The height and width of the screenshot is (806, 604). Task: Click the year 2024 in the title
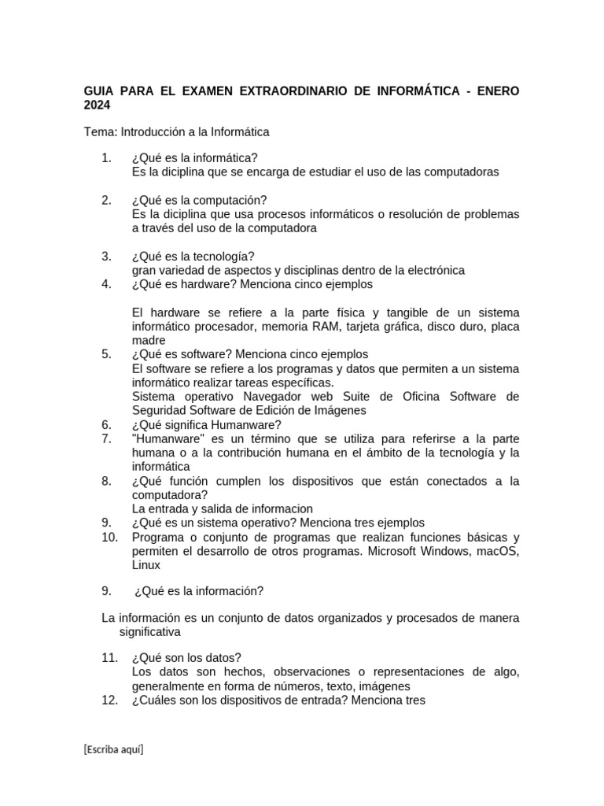pyautogui.click(x=98, y=105)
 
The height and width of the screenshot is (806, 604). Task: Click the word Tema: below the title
pyautogui.click(x=100, y=131)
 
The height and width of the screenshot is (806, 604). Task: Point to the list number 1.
pyautogui.click(x=106, y=157)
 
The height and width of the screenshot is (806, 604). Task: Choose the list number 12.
pyautogui.click(x=109, y=700)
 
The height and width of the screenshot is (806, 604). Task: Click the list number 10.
pyautogui.click(x=109, y=537)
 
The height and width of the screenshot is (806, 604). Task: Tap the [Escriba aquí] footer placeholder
pyautogui.click(x=113, y=749)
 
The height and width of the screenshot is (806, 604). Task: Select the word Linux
pyautogui.click(x=146, y=565)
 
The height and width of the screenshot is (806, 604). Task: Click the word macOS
pyautogui.click(x=498, y=551)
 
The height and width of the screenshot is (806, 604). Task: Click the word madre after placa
pyautogui.click(x=149, y=340)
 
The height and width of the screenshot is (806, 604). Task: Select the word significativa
pyautogui.click(x=149, y=631)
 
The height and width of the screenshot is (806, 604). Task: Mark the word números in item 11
pyautogui.click(x=285, y=686)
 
